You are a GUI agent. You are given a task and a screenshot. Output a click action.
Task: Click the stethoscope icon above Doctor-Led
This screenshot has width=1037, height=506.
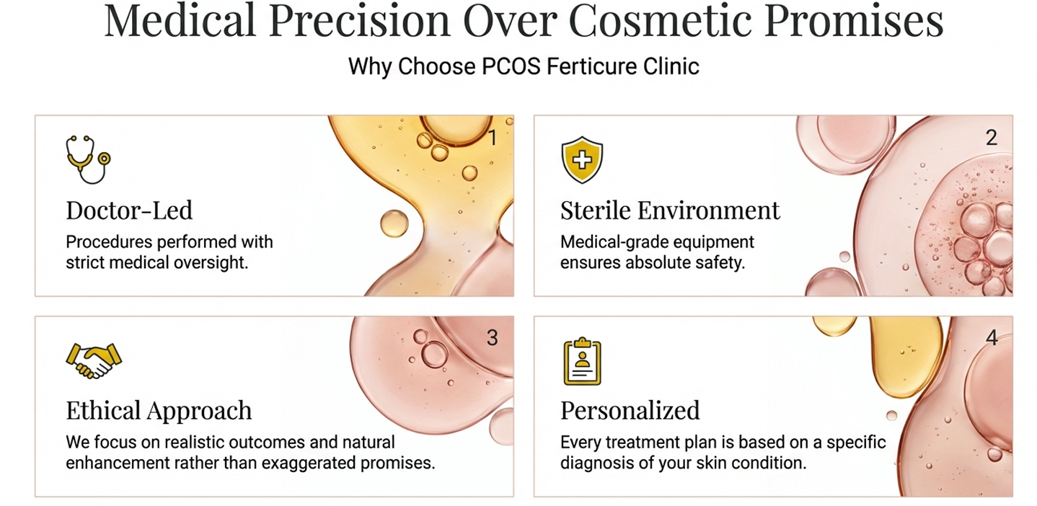point(87,159)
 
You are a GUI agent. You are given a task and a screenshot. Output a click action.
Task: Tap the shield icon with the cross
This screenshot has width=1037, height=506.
point(581,159)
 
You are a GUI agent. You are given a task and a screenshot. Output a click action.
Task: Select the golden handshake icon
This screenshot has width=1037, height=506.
point(93,360)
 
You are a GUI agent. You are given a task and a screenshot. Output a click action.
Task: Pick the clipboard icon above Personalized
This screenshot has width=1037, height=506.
point(581,361)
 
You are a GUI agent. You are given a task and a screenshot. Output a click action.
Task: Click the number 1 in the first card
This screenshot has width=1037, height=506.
point(493,138)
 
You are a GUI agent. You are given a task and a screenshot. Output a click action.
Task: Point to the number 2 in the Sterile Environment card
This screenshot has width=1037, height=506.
point(992,138)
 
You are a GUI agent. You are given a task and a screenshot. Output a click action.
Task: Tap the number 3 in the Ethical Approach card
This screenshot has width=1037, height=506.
point(493,338)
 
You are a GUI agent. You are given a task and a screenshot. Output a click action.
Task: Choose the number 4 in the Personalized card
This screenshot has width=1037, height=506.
point(992,338)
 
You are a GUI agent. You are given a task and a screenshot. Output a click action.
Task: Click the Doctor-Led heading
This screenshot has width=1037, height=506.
point(129,210)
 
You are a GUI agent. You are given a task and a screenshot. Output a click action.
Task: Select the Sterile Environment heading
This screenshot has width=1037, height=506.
point(670,210)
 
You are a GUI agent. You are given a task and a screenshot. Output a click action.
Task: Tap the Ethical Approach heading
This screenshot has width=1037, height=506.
point(159,411)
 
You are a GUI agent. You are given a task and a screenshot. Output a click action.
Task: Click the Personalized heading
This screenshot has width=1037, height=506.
point(630,411)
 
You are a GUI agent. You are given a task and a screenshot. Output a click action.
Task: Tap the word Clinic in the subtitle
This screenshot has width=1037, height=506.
point(672,66)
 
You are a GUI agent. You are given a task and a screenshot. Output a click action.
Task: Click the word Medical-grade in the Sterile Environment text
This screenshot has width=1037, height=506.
point(609,241)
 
